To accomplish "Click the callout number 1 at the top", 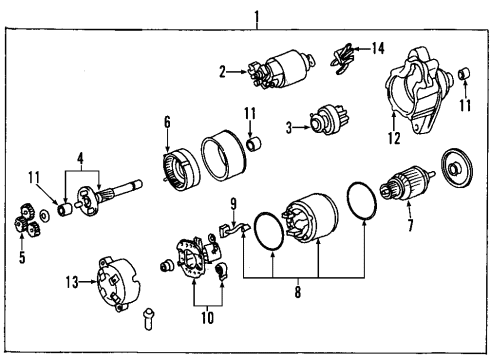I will [x=257, y=16].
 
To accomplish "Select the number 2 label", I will [x=224, y=70].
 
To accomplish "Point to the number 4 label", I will [x=83, y=157].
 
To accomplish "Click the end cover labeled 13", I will [x=120, y=284].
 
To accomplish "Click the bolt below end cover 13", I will [x=147, y=319].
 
